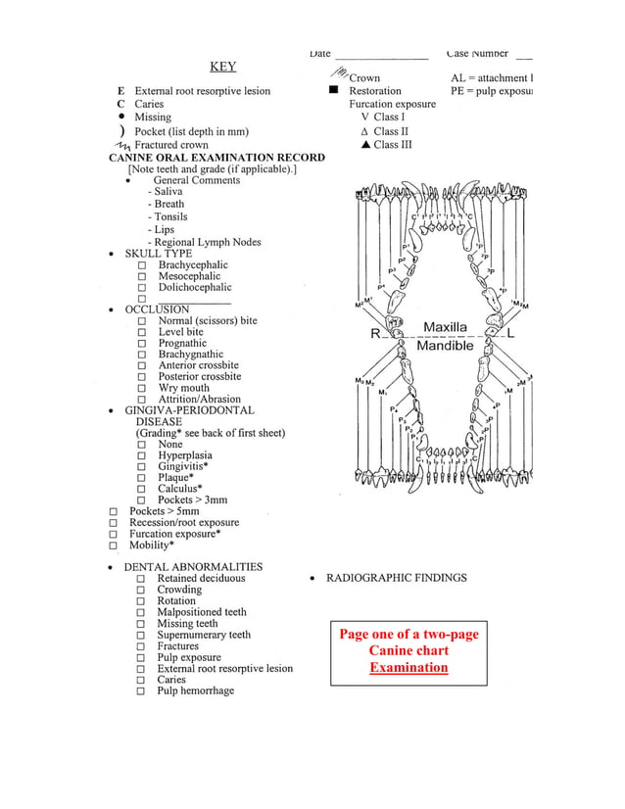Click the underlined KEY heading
222,67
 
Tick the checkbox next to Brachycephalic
143,265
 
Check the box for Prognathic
143,344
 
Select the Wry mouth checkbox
143,389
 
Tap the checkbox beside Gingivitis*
143,467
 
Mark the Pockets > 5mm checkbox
114,512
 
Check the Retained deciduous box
143,579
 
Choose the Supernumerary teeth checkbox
143,636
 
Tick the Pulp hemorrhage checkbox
143,691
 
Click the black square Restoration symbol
333,90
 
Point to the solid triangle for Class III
364,145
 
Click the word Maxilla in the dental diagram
446,326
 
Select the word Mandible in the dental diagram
446,346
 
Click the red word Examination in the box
409,668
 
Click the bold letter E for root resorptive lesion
120,91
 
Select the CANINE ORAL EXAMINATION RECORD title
216,157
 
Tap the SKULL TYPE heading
158,253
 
